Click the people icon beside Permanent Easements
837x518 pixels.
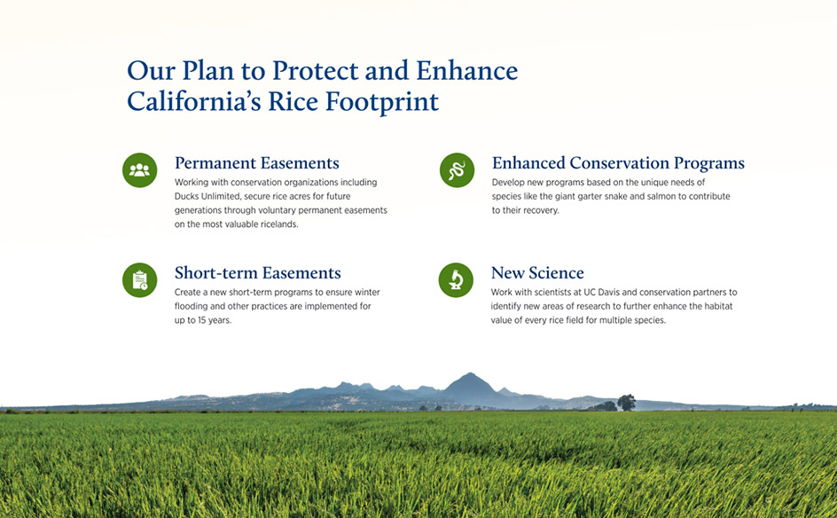(x=139, y=170)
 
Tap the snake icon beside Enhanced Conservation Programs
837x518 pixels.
(x=457, y=170)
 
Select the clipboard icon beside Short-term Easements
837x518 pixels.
(x=139, y=279)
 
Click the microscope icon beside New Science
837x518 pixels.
(x=456, y=279)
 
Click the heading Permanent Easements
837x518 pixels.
(x=257, y=163)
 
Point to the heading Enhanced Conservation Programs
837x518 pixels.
(x=618, y=163)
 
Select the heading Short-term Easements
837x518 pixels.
(x=257, y=273)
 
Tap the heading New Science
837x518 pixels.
(x=537, y=273)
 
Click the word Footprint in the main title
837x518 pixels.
(x=382, y=101)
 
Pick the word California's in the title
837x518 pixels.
(x=194, y=101)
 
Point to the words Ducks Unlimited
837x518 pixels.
(x=207, y=196)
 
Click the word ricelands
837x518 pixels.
(x=279, y=224)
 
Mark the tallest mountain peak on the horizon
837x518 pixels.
(x=469, y=374)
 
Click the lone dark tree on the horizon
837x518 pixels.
(x=626, y=402)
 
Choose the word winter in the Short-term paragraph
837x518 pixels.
(x=367, y=292)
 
